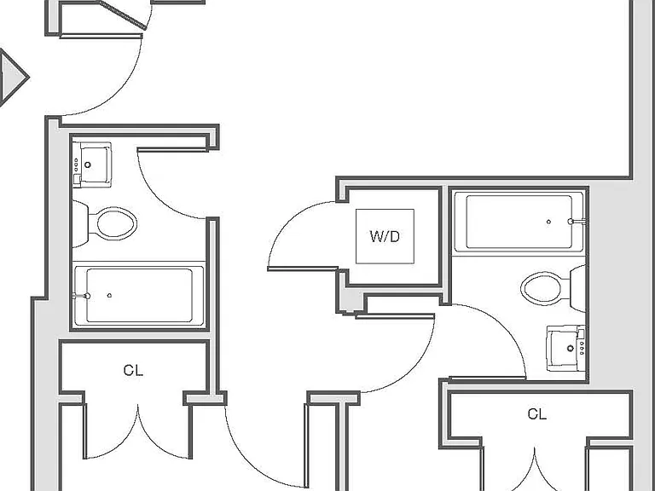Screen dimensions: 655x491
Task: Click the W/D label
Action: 385,237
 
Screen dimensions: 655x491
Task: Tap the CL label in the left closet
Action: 133,370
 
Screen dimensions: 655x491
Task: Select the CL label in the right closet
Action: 536,414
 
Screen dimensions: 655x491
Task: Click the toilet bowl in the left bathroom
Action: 117,223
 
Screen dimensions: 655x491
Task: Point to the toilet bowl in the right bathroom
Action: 542,288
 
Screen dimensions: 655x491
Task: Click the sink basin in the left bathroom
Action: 96,165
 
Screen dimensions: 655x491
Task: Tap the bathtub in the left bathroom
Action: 139,295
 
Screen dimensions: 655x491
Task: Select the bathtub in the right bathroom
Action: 519,222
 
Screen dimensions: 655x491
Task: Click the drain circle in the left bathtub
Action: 109,295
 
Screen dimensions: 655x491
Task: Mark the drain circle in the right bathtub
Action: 548,222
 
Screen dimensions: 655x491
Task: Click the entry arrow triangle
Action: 13,78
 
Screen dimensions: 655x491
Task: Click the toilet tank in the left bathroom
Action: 80,224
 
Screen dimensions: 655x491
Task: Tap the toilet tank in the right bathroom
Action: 577,288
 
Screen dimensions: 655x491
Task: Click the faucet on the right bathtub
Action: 576,222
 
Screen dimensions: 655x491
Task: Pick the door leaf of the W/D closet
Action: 303,269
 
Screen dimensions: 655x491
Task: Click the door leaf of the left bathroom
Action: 172,149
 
